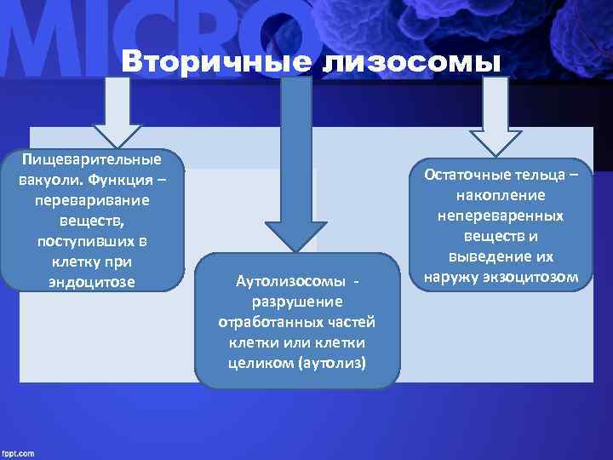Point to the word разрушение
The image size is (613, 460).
click(297, 301)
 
